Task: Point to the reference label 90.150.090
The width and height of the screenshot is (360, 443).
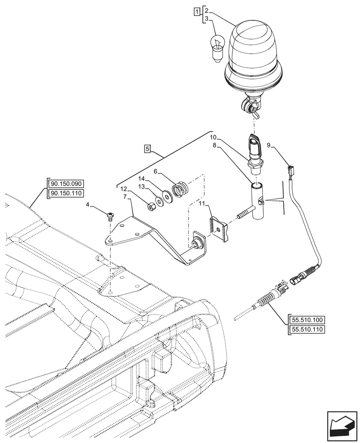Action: (68, 184)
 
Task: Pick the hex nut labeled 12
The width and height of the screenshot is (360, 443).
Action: (150, 206)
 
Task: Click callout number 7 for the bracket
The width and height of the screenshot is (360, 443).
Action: (126, 196)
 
